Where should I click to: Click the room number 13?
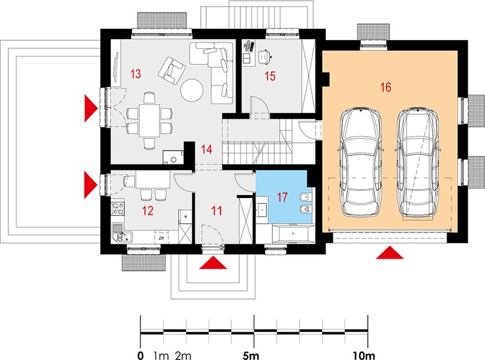135,74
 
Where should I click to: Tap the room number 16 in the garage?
385,87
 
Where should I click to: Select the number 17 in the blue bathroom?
282,197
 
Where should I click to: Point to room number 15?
270,76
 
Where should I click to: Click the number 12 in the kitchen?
147,211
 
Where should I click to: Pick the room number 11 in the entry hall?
216,211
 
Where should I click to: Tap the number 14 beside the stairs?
206,149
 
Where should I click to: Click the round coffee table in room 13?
192,90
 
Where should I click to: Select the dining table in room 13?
149,121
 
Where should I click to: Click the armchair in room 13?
171,71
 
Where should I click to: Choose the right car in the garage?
418,163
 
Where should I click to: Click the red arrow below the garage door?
390,252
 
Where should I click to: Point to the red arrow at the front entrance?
213,262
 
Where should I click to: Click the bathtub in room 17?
293,233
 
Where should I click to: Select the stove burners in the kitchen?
118,208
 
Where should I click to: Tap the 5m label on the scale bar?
251,356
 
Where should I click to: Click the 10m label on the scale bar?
364,356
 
